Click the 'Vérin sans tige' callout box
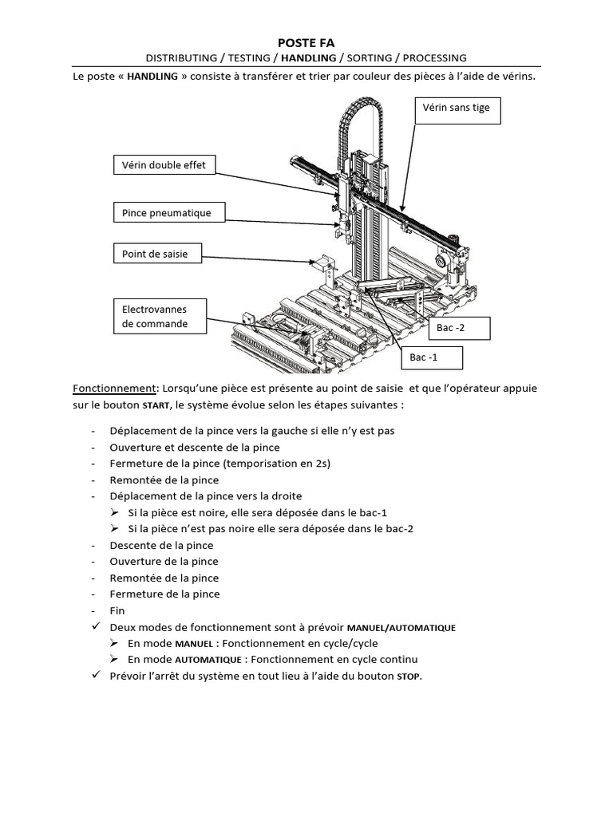[457, 111]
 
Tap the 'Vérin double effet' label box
[164, 166]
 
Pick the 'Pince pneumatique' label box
[168, 213]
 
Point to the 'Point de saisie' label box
[156, 255]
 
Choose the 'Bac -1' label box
[431, 358]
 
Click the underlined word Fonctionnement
[115, 389]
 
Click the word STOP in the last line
[408, 677]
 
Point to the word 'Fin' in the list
[117, 610]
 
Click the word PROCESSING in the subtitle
[434, 58]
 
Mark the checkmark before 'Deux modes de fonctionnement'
[97, 627]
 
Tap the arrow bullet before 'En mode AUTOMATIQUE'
[116, 660]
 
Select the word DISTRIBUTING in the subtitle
[181, 58]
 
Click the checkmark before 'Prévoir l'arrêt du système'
[97, 676]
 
